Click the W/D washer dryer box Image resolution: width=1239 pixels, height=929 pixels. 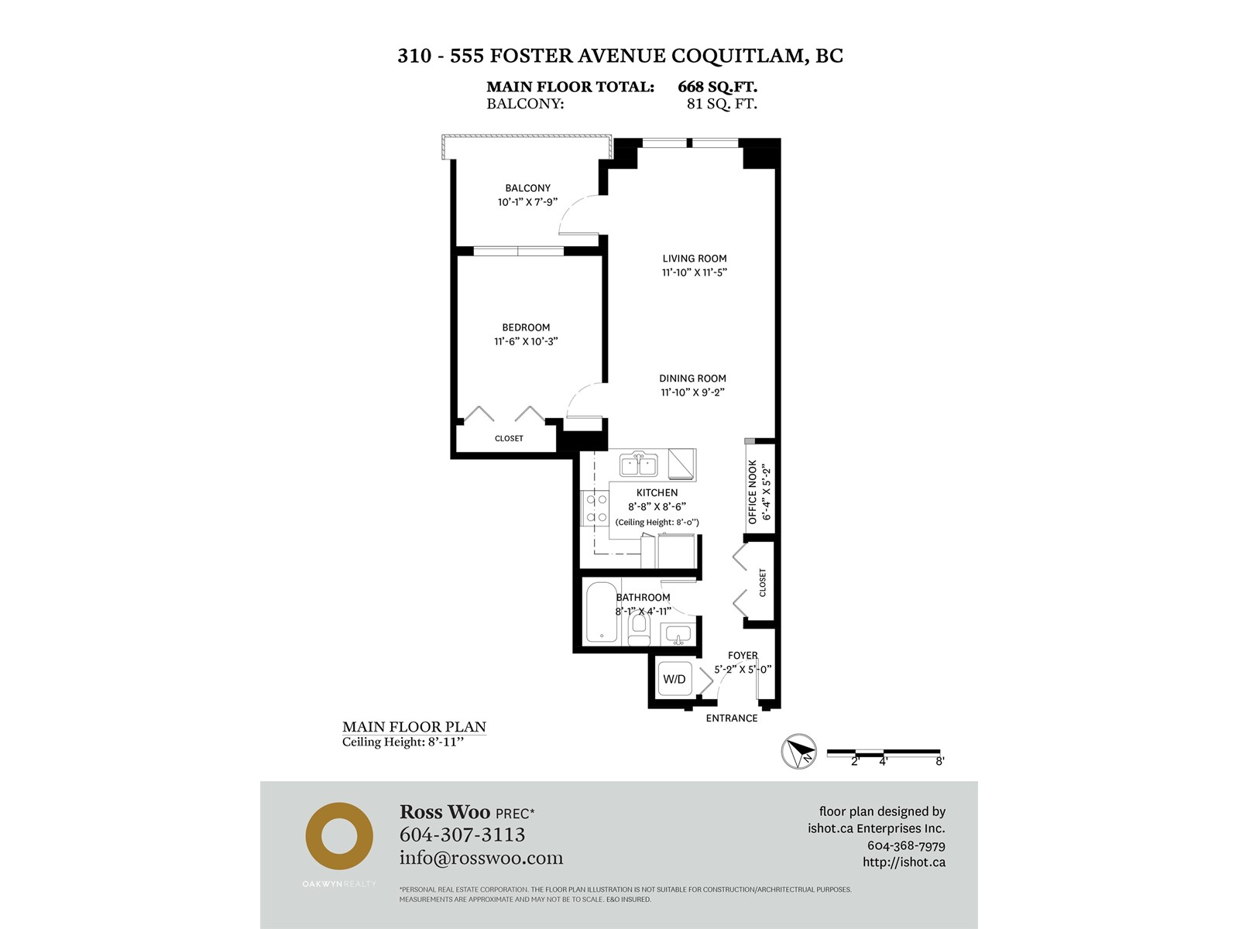point(674,679)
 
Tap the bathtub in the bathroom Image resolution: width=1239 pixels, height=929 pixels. point(601,612)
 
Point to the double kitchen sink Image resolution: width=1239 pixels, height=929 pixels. point(638,465)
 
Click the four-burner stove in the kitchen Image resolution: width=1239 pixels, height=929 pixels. point(595,508)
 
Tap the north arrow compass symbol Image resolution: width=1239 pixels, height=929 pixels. point(798,751)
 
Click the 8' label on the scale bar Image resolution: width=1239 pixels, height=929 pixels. point(940,762)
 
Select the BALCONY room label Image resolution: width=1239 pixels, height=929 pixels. point(528,188)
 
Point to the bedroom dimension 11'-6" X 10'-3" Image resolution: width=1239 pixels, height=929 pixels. point(526,341)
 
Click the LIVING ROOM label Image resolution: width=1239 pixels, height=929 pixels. point(695,259)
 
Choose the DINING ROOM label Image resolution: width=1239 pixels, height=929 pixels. point(692,379)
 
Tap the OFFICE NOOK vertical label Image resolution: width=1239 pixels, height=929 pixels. point(753,492)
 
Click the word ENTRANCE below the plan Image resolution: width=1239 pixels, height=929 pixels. point(732,718)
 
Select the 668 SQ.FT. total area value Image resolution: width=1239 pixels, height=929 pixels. point(717,87)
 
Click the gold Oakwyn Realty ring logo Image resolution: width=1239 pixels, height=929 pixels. point(339,837)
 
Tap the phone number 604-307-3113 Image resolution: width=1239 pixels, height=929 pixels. point(462,835)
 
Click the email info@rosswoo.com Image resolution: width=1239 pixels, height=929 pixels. point(482,858)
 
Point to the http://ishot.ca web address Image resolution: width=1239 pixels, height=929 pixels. point(904,862)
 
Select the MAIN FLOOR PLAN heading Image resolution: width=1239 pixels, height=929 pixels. point(414,727)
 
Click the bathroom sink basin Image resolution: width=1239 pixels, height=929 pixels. point(678,635)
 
